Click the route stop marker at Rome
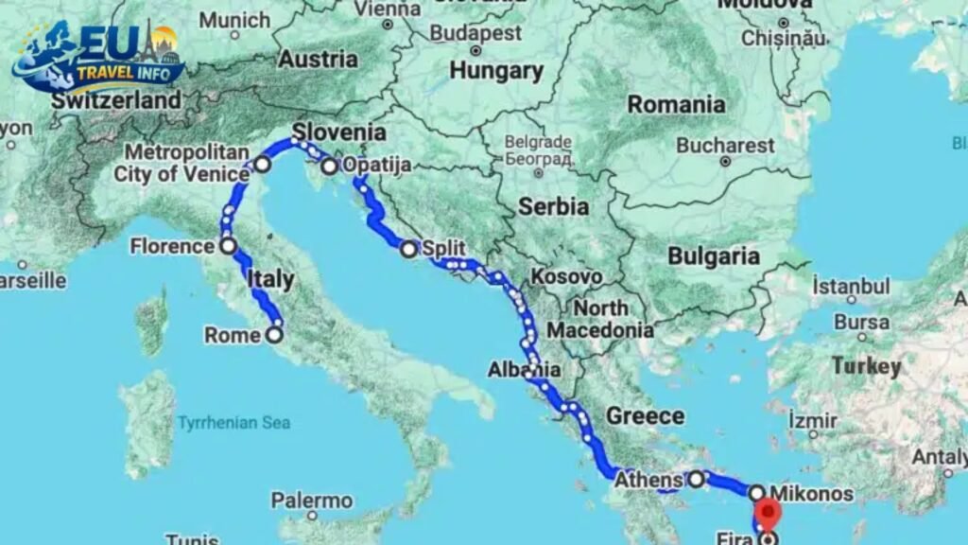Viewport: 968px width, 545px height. click(274, 334)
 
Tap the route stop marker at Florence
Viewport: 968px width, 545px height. click(228, 246)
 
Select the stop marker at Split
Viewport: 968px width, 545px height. click(408, 249)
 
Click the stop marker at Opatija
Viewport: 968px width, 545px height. click(329, 167)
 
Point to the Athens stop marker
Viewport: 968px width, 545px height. click(697, 479)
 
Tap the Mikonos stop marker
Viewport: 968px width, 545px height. click(757, 493)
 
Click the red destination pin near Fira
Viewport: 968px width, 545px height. click(769, 518)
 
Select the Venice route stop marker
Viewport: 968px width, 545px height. click(262, 165)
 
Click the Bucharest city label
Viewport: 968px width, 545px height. click(725, 147)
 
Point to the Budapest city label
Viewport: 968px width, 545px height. click(475, 32)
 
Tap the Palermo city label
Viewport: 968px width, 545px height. click(311, 501)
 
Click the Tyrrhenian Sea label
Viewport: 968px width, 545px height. click(234, 423)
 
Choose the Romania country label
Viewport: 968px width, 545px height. click(676, 104)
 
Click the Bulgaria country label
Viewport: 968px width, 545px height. click(713, 255)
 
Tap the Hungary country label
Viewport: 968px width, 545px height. click(496, 70)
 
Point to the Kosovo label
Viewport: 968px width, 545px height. click(566, 276)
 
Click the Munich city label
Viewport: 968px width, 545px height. click(234, 20)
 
